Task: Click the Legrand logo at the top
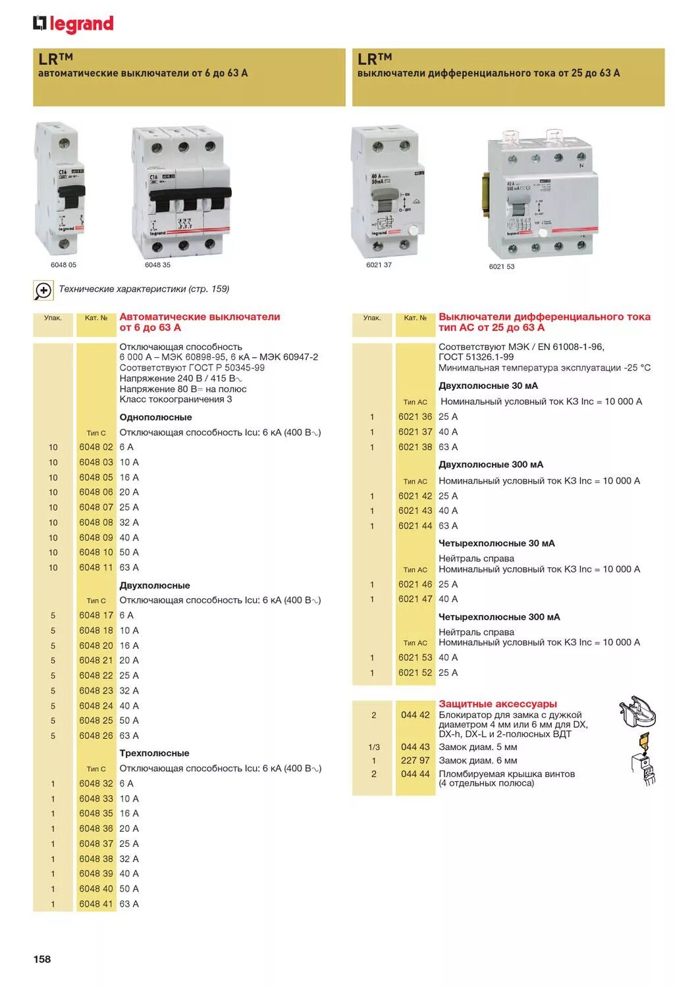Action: (73, 24)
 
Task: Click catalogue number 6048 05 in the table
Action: (96, 478)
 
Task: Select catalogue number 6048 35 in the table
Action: (96, 814)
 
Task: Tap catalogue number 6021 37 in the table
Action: (415, 432)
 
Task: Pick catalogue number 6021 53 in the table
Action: (415, 658)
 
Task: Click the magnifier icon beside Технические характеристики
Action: (43, 290)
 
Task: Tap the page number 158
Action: (42, 959)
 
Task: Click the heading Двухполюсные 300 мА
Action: (491, 465)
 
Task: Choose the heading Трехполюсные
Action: (154, 753)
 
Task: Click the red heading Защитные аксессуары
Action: (497, 704)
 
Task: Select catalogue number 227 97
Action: (415, 761)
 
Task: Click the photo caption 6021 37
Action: (379, 265)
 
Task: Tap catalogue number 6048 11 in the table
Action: (96, 568)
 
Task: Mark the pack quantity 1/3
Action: (374, 747)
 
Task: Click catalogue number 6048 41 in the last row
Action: (96, 904)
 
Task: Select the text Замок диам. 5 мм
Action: (477, 747)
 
